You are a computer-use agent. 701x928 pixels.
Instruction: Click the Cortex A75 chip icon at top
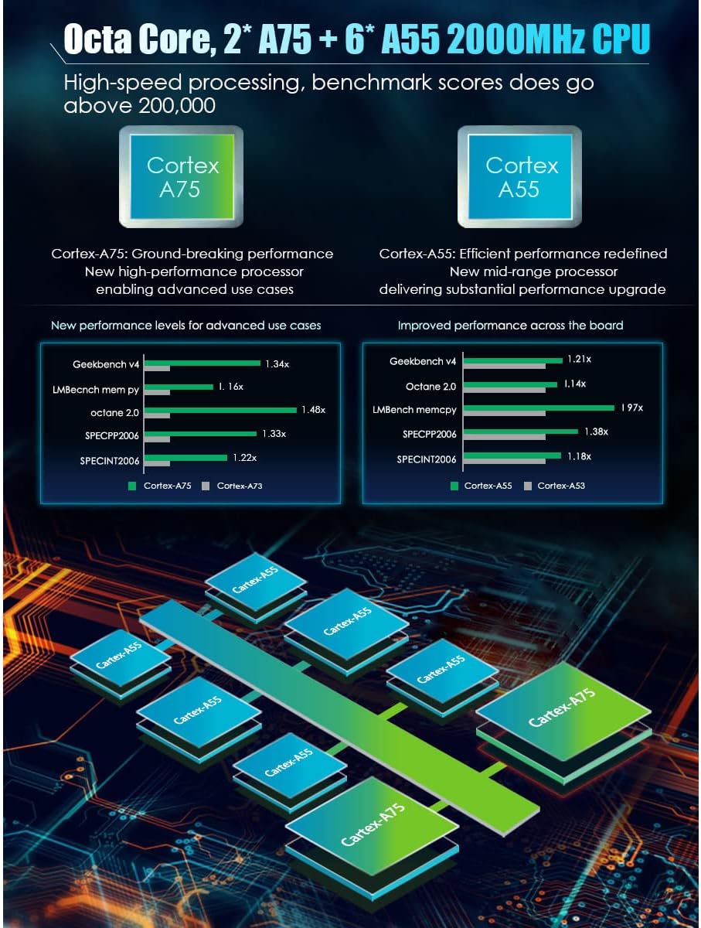point(179,176)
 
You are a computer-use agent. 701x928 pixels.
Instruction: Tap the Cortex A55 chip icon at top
point(520,176)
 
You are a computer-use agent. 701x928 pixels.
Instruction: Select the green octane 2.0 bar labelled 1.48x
point(221,410)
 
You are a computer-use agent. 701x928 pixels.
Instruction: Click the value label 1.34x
point(277,363)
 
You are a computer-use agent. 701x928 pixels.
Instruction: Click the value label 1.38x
point(595,431)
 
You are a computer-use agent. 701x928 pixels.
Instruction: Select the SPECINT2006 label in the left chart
point(110,461)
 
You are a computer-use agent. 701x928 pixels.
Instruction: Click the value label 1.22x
point(245,458)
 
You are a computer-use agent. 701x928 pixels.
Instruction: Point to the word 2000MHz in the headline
point(506,40)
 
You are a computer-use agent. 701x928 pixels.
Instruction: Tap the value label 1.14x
point(573,384)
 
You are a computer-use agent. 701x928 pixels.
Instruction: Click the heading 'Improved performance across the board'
point(510,326)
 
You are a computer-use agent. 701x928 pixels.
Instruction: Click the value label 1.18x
point(578,456)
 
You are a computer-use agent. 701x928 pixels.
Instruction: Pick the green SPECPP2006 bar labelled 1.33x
point(202,434)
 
